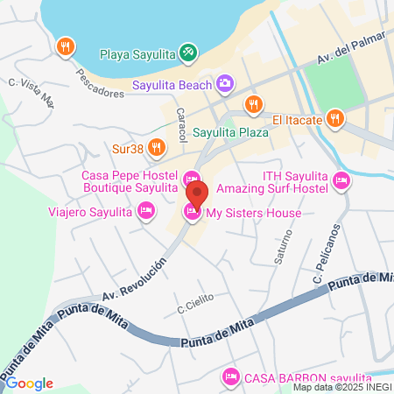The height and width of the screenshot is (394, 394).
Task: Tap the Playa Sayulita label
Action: point(138,53)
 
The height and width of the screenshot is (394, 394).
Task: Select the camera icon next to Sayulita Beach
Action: point(226,84)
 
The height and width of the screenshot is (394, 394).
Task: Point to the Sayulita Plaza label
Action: point(229,133)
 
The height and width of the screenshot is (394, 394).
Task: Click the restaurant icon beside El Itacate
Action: point(334,118)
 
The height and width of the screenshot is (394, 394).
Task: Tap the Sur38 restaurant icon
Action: point(157,147)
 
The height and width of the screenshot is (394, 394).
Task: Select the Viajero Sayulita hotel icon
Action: point(146,210)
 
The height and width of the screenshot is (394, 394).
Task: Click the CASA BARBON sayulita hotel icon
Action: point(230,376)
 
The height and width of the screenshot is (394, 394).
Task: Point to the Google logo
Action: point(29,383)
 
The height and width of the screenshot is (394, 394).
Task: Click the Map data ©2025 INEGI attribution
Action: point(342,387)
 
